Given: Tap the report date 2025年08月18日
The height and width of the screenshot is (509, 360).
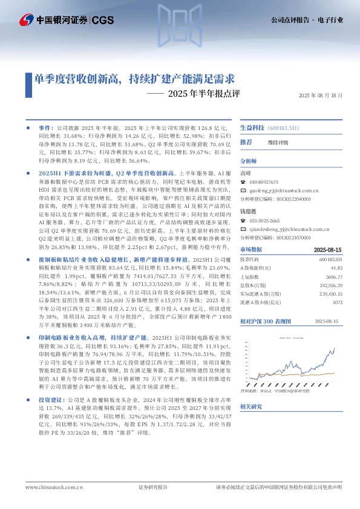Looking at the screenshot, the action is [x=321, y=96].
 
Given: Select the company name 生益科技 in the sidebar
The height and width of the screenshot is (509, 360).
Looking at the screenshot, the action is [x=252, y=128].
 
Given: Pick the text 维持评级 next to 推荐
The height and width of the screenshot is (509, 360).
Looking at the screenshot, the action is [x=278, y=142].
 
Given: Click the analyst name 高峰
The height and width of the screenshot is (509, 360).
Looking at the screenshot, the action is [x=247, y=173].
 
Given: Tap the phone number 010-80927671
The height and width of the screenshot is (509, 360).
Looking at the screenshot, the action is [x=264, y=181].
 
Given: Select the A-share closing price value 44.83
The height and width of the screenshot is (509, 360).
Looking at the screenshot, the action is [x=337, y=268].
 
